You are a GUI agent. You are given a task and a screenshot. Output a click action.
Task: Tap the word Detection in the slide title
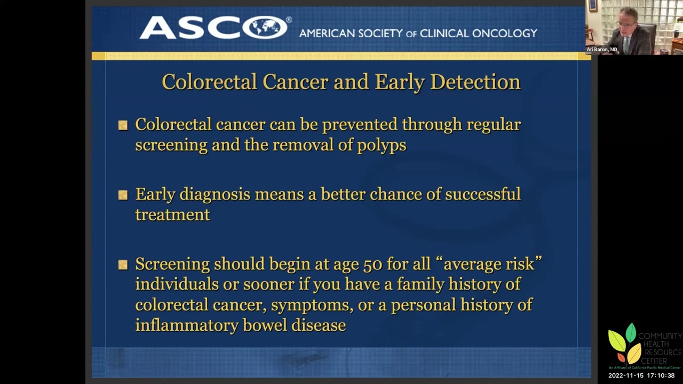(x=475, y=82)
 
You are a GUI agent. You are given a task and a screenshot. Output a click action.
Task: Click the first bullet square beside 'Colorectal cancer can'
(x=123, y=125)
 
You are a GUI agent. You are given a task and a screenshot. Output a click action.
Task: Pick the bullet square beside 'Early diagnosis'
(x=123, y=195)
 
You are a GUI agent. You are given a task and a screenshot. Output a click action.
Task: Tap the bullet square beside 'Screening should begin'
(x=123, y=265)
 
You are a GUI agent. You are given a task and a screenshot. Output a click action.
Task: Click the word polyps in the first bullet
(x=383, y=145)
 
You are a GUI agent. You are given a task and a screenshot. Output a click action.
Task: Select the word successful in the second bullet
(x=482, y=194)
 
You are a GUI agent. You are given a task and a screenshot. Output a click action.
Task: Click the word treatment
(x=172, y=214)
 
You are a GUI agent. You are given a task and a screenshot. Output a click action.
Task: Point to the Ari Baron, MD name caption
(x=602, y=50)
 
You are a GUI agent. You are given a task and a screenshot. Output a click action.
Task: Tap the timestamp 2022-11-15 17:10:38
(x=641, y=375)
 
